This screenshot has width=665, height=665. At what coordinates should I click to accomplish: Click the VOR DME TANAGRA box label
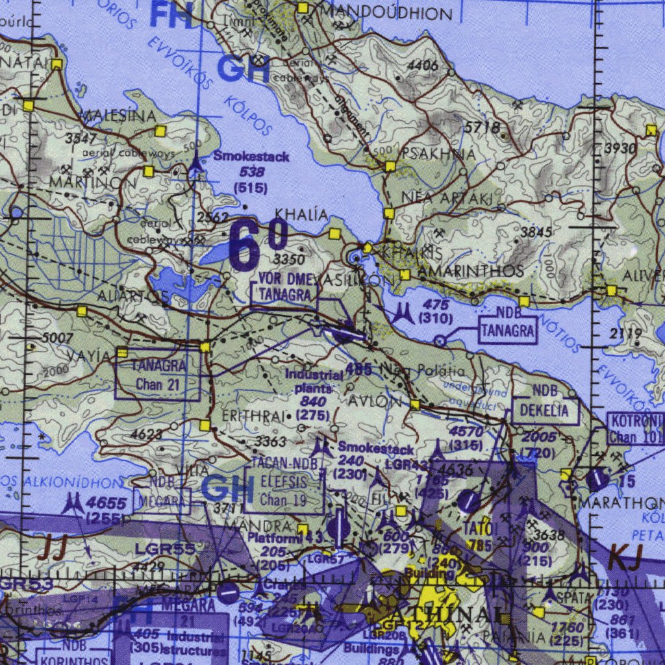(284, 286)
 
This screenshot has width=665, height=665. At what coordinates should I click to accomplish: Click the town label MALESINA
(118, 116)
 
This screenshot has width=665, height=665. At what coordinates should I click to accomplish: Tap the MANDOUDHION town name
(386, 12)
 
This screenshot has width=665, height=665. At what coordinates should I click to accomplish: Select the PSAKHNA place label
(438, 154)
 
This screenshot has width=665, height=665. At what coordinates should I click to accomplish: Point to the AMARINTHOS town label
(471, 270)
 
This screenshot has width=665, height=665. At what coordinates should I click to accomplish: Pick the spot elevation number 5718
(481, 127)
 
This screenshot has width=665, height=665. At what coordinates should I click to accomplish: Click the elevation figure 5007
(58, 338)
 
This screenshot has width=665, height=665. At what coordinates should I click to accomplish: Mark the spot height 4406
(423, 65)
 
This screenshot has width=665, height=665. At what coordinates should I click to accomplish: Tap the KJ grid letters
(625, 557)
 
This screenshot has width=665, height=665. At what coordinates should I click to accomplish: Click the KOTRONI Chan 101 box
(635, 429)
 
